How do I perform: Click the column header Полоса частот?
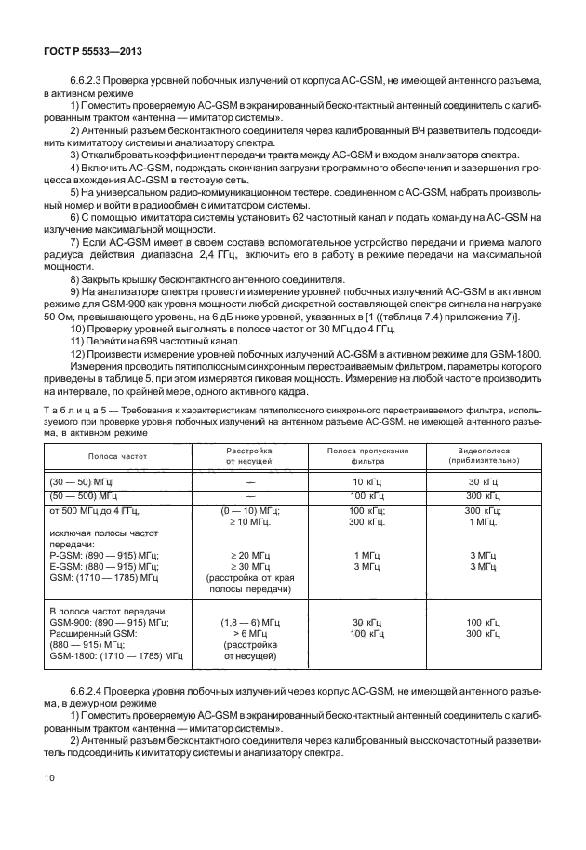[x=118, y=457]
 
